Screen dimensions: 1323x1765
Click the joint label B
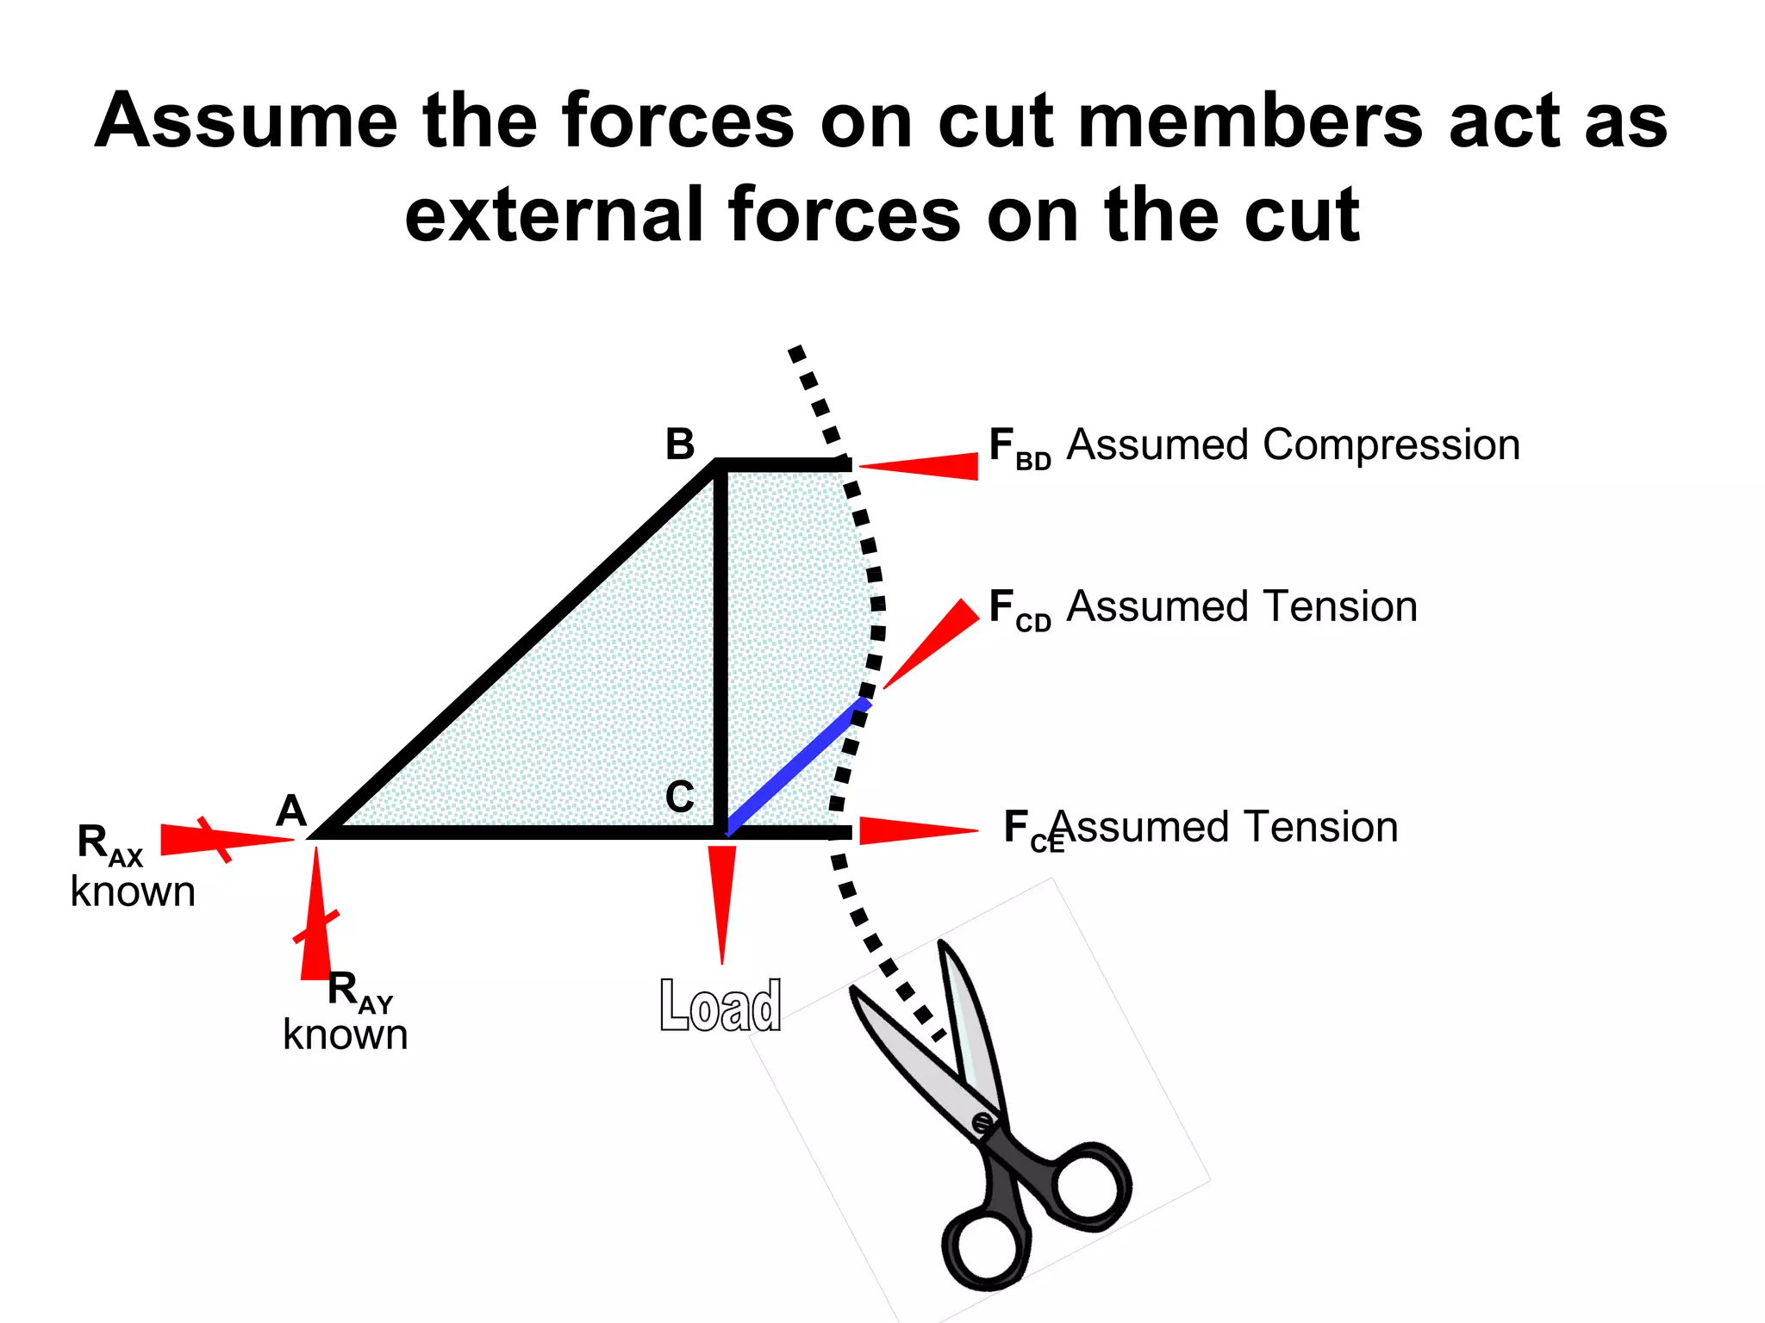coord(680,444)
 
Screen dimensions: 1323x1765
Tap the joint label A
coord(291,811)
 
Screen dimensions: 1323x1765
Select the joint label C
coord(680,797)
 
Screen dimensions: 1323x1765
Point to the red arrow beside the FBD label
coord(922,466)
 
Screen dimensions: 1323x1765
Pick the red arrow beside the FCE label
coord(917,830)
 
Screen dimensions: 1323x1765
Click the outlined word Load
coord(720,1005)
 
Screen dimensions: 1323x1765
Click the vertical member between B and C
coord(720,646)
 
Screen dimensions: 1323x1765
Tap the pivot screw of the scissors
coord(982,1123)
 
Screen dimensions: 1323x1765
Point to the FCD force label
coord(1019,610)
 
